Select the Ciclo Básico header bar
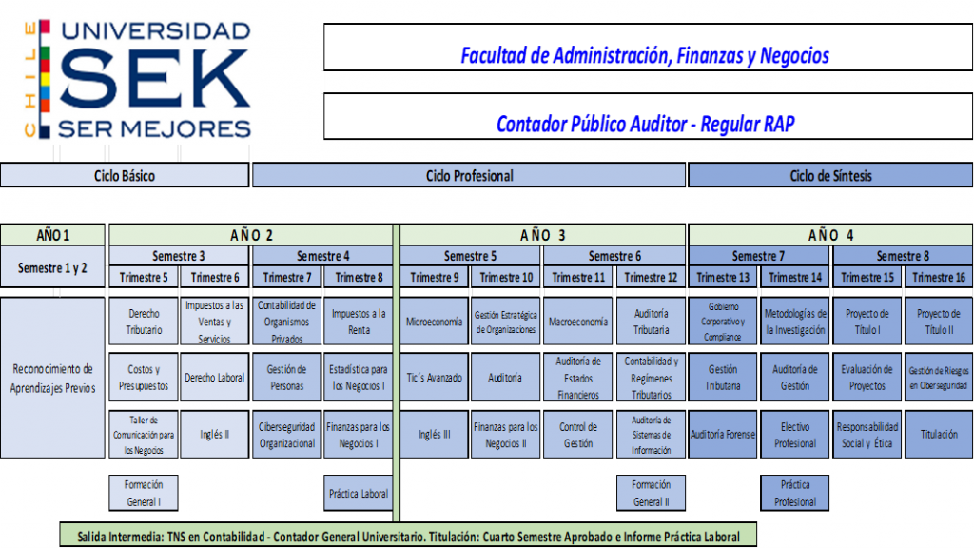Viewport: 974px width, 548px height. click(x=125, y=175)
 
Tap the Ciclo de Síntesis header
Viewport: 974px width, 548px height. click(x=830, y=175)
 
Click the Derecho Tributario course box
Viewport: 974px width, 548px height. click(x=144, y=322)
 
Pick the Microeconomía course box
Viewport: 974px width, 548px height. click(x=434, y=322)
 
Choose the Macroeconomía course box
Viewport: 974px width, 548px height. click(x=578, y=322)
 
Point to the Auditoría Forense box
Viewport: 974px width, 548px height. click(x=723, y=434)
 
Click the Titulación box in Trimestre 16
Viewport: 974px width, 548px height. click(x=939, y=434)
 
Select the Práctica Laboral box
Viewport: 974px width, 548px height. click(x=359, y=494)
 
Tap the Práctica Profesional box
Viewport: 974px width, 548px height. click(x=795, y=494)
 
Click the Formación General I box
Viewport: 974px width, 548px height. click(x=144, y=494)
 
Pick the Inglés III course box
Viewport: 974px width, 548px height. click(x=434, y=434)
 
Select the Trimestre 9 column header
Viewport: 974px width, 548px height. click(x=434, y=277)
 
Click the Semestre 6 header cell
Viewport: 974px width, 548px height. click(x=614, y=256)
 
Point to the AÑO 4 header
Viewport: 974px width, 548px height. click(x=830, y=235)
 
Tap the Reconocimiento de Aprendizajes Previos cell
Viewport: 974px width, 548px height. click(x=53, y=378)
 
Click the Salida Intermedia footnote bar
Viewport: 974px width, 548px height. click(x=408, y=536)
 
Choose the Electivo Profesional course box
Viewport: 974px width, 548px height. click(x=795, y=434)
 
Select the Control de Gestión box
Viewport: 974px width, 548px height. click(x=578, y=434)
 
